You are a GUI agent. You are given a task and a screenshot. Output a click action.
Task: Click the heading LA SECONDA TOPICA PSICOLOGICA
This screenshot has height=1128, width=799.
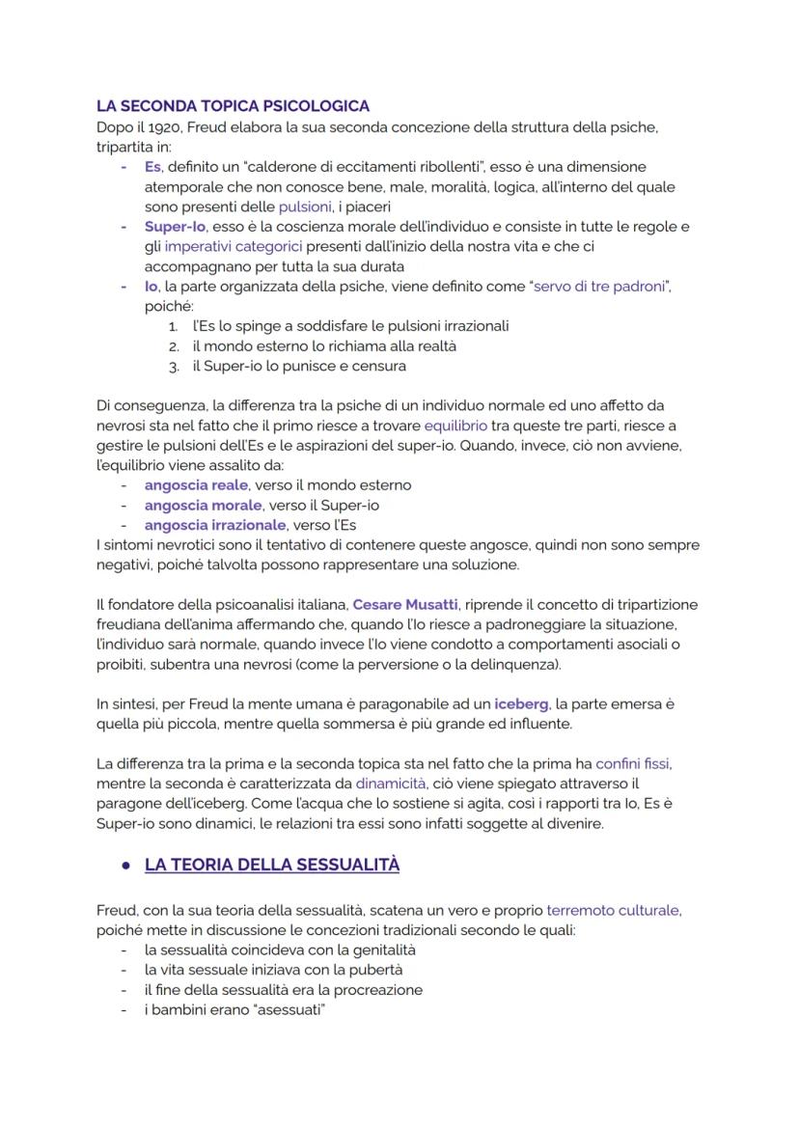click(x=233, y=106)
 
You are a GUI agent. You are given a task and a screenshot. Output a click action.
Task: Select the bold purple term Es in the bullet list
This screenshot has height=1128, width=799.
click(x=152, y=167)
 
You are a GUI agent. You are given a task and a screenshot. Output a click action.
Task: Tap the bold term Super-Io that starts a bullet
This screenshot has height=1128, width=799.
click(x=175, y=227)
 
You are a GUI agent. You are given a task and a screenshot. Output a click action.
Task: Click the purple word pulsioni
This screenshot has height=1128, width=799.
click(x=304, y=206)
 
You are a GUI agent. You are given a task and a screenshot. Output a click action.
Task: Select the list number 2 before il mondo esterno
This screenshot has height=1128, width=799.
click(x=174, y=345)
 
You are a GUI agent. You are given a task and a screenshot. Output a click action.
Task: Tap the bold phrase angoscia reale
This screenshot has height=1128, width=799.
click(x=196, y=484)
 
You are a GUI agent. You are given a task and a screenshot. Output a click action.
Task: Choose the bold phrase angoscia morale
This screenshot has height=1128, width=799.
click(x=203, y=505)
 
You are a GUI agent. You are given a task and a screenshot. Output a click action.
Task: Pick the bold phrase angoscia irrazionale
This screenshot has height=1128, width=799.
click(x=214, y=525)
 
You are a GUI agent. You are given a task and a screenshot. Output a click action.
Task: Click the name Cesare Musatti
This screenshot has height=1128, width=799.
click(x=405, y=604)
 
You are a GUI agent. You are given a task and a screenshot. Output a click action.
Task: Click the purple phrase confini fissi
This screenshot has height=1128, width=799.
click(x=632, y=763)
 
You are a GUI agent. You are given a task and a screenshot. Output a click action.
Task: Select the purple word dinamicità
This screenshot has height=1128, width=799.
click(x=390, y=784)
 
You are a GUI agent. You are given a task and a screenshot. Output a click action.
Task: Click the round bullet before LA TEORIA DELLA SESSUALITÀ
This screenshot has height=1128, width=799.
click(x=125, y=866)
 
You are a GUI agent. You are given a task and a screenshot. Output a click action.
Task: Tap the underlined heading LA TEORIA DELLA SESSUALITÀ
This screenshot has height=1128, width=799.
click(x=271, y=865)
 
